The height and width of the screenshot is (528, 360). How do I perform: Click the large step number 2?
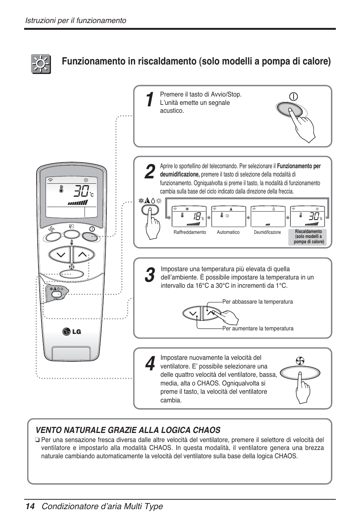149,172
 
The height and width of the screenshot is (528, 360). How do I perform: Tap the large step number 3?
149,275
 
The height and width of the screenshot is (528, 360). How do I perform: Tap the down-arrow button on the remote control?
60,255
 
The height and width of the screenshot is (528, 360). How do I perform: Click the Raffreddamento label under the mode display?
189,232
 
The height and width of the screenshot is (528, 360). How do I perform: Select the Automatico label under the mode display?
228,232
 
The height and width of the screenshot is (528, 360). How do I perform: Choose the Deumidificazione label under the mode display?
267,232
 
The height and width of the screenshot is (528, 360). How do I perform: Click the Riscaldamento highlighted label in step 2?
309,237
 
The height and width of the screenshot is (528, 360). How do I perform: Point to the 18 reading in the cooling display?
195,216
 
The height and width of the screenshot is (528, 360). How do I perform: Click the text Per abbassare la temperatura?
257,302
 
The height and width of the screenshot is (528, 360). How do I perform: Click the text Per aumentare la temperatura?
258,328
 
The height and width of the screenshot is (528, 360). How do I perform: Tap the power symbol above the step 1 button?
293,97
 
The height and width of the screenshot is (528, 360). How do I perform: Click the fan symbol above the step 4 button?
300,361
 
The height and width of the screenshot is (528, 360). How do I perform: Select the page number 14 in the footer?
30,507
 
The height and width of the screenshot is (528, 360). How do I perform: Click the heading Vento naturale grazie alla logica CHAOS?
128,430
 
